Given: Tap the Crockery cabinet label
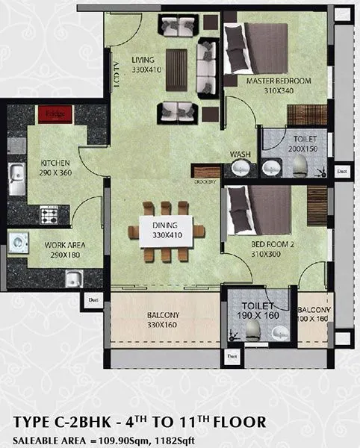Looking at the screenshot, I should [x=205, y=181].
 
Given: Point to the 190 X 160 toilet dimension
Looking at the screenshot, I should [x=259, y=317].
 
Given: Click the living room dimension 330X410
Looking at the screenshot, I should [x=146, y=69].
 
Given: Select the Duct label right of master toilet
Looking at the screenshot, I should [x=342, y=171].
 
